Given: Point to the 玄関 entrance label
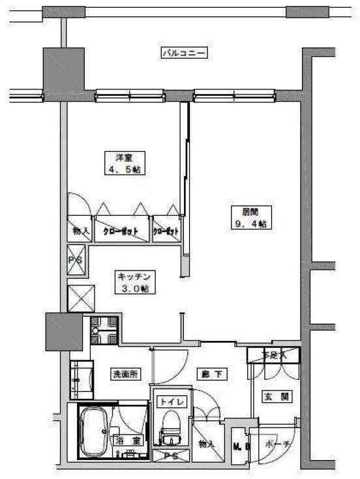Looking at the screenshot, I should [273, 396].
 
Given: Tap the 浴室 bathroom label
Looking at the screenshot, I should [127, 441].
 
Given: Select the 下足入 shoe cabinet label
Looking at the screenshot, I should [273, 355].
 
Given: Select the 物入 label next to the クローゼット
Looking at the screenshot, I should [80, 231].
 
